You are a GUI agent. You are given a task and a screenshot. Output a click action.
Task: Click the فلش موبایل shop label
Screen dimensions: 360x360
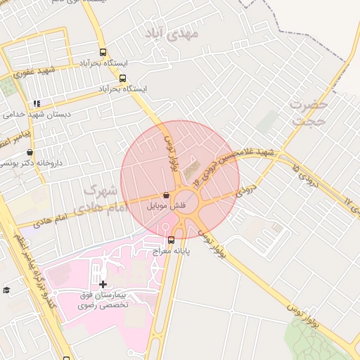click(x=166, y=207)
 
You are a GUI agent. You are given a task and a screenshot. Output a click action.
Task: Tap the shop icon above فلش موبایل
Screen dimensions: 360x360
click(x=166, y=195)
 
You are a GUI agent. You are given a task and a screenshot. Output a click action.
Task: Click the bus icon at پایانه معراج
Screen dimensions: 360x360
click(x=172, y=240)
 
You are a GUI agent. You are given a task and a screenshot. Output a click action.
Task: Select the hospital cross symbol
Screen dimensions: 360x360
click(x=103, y=285)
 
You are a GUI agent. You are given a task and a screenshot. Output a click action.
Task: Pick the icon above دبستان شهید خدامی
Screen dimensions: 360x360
click(x=37, y=103)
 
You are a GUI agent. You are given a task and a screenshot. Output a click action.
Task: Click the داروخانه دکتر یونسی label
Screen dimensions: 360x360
click(x=32, y=162)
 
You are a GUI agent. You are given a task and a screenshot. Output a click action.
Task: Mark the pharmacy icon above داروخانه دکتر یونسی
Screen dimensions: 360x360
click(x=30, y=151)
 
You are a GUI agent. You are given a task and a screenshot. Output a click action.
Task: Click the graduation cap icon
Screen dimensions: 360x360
click(x=7, y=290)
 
